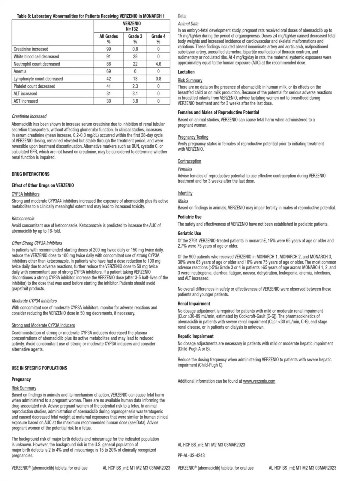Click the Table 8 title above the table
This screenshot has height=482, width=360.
tap(91, 16)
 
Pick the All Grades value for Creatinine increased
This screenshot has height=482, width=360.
tap(109, 49)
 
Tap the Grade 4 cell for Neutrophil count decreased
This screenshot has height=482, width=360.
tap(158, 64)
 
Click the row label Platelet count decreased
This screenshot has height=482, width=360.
tap(34, 86)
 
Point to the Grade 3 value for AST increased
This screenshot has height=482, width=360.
tap(135, 101)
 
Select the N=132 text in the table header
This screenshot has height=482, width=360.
tap(132, 29)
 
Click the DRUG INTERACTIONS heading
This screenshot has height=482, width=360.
tap(31, 174)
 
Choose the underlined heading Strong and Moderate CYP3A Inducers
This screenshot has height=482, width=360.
tap(43, 325)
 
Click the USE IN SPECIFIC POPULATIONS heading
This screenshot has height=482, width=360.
tap(39, 368)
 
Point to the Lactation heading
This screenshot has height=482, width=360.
tap(186, 72)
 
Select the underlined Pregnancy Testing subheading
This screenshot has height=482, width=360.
tap(193, 137)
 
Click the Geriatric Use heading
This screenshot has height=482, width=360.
tap(189, 233)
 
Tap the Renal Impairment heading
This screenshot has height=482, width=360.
tap(194, 304)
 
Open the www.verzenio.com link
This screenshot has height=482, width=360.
tap(259, 381)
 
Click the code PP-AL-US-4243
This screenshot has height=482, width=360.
tap(191, 456)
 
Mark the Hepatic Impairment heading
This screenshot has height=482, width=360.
tap(196, 336)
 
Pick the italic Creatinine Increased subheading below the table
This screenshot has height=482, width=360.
tap(29, 116)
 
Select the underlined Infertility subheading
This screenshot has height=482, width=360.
tap(185, 193)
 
